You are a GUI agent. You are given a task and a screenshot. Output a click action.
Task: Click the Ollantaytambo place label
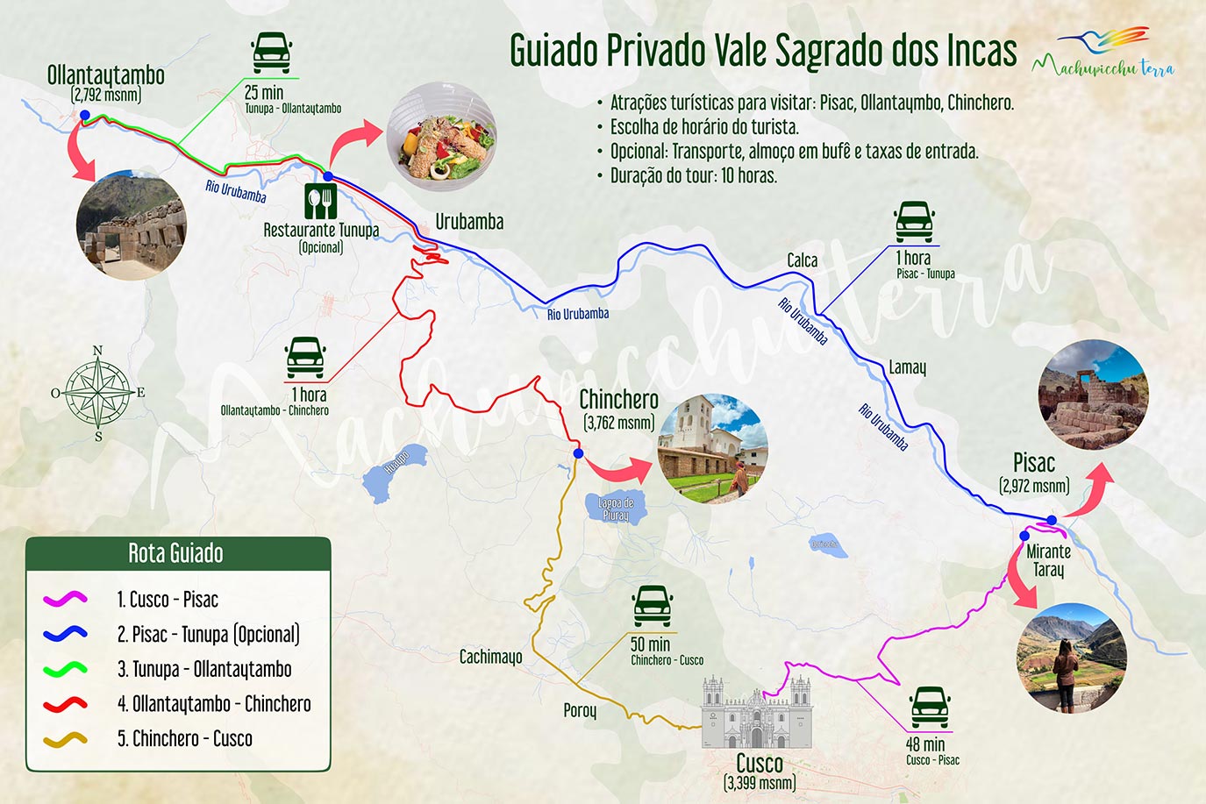105,75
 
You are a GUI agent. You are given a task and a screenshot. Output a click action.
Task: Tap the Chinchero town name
618,400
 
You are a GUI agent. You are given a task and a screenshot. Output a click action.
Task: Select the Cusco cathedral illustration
756,712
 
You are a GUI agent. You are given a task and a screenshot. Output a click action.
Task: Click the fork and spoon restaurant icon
321,202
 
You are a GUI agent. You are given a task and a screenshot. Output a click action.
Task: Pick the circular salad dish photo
441,137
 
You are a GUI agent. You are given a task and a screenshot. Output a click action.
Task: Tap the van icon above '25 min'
271,53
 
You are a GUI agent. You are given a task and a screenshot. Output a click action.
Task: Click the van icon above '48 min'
930,707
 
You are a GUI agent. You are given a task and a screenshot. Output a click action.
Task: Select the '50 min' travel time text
650,644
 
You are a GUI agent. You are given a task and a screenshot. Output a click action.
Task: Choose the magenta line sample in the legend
65,599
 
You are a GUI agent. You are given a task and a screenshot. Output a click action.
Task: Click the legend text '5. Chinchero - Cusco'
185,738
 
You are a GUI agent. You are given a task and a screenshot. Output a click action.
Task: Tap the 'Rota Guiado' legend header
176,553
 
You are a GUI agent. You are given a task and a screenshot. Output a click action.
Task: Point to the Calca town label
802,260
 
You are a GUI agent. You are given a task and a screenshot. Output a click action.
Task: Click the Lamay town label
907,367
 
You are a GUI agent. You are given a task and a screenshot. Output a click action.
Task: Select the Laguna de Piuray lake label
616,509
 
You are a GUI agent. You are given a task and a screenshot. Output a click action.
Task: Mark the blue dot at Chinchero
578,453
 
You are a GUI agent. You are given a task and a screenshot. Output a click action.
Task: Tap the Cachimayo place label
490,656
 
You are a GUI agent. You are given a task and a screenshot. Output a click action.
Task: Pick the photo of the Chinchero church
713,448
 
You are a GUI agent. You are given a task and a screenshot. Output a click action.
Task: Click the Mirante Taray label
1048,560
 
